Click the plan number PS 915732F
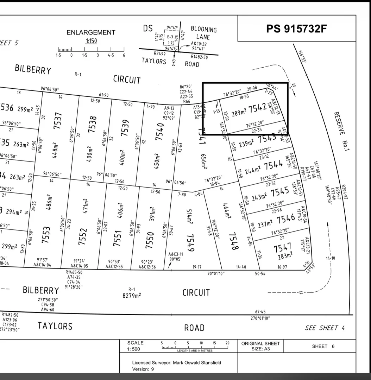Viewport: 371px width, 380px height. click(x=296, y=28)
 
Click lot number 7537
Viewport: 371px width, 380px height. click(x=57, y=120)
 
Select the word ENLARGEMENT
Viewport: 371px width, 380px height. click(x=91, y=32)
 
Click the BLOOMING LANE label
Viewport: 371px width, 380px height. click(x=203, y=33)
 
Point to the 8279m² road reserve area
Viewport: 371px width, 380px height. click(x=131, y=296)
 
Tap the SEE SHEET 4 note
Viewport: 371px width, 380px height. click(x=325, y=328)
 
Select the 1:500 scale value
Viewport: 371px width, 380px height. click(x=133, y=349)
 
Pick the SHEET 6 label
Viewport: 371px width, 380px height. click(x=323, y=346)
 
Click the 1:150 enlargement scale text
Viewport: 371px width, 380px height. click(x=91, y=41)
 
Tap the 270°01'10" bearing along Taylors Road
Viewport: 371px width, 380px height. click(x=260, y=318)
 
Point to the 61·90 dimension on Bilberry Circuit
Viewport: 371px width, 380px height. click(x=104, y=95)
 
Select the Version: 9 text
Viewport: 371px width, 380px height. click(x=143, y=369)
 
